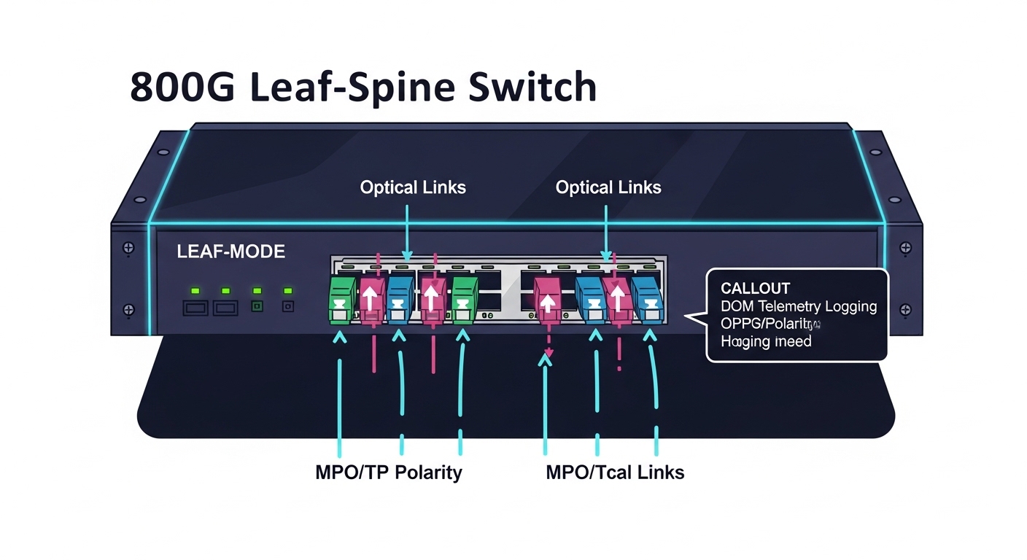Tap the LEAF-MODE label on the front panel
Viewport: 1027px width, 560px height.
[231, 252]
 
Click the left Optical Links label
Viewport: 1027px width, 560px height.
[413, 187]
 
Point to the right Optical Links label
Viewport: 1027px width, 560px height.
[608, 187]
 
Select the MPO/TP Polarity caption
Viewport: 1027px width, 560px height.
[388, 472]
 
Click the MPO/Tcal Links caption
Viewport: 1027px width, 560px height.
[615, 472]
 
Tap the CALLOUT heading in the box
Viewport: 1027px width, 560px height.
[755, 289]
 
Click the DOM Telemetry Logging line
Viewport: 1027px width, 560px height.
[798, 306]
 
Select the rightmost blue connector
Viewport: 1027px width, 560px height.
[646, 299]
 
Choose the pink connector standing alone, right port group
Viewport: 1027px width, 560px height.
[548, 299]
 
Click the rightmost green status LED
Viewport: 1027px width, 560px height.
[288, 291]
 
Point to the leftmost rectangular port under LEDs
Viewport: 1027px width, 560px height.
[195, 308]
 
